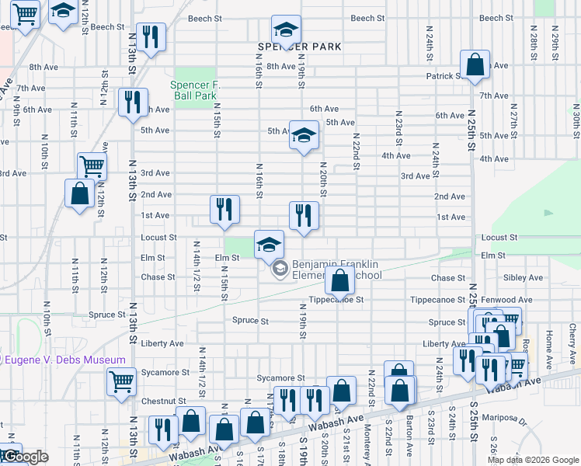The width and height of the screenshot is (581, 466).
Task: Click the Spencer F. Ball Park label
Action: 193,90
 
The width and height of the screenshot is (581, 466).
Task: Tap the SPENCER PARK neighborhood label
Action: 300,47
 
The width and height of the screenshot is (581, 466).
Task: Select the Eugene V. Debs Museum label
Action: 64,360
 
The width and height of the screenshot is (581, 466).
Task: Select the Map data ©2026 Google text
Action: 532,460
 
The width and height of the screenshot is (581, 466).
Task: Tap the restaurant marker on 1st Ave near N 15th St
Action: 224,209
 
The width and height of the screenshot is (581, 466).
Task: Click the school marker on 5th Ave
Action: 304,134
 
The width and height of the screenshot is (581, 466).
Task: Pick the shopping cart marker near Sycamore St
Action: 122,381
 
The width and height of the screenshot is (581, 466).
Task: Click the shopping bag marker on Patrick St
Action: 474,64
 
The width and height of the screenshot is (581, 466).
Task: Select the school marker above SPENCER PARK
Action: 286,31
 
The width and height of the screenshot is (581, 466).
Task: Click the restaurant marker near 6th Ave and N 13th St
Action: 133,102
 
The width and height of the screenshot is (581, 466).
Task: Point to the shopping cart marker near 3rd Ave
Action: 92,165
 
